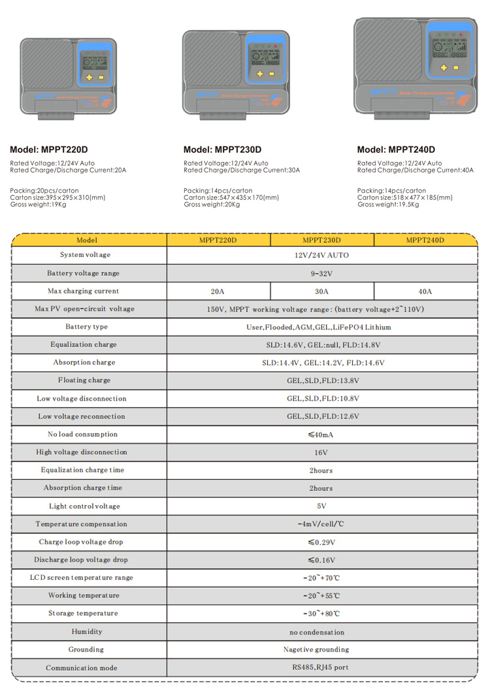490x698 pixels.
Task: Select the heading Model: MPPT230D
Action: pyautogui.click(x=222, y=150)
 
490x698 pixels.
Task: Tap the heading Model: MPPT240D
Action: pyautogui.click(x=396, y=150)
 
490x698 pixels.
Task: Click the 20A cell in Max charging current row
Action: pyautogui.click(x=218, y=291)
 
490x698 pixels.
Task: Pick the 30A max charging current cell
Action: pyautogui.click(x=321, y=291)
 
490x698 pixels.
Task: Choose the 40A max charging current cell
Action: pyautogui.click(x=425, y=291)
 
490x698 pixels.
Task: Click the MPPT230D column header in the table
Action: pyautogui.click(x=321, y=240)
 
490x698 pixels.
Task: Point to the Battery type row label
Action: pyautogui.click(x=86, y=327)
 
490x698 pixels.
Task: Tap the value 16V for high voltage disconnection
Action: pyautogui.click(x=321, y=452)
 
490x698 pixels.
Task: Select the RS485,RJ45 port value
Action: pyautogui.click(x=321, y=667)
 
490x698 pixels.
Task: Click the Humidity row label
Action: pyautogui.click(x=87, y=631)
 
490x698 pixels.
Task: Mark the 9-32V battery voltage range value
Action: pyautogui.click(x=321, y=273)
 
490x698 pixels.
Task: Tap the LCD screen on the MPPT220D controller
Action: pyautogui.click(x=95, y=61)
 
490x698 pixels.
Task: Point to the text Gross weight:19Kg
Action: pyautogui.click(x=33, y=205)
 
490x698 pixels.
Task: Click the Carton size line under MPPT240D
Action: pyautogui.click(x=404, y=197)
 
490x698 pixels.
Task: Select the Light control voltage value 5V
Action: pyautogui.click(x=321, y=506)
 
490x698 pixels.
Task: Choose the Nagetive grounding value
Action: pyautogui.click(x=316, y=650)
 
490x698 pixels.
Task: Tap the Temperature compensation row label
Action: pyautogui.click(x=82, y=524)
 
